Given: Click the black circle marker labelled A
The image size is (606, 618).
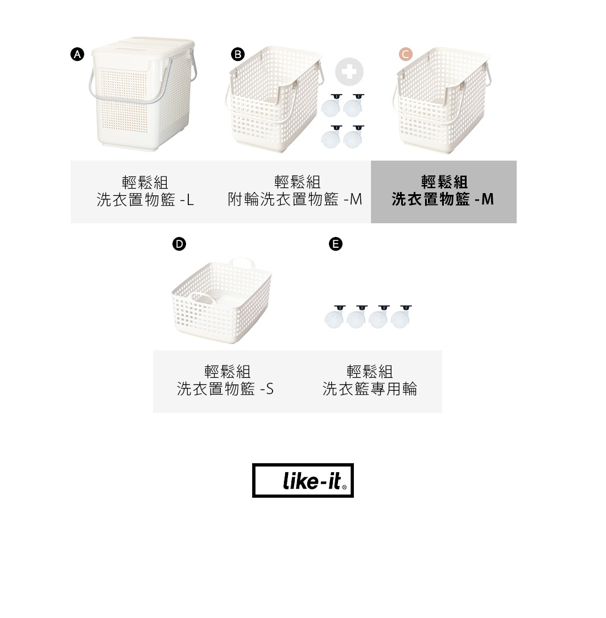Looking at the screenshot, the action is [x=77, y=54].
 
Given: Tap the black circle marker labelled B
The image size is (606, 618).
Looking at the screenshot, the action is [x=237, y=54].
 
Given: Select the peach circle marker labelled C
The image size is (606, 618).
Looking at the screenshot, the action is [x=406, y=54].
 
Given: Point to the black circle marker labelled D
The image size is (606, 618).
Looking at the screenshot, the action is [x=179, y=244].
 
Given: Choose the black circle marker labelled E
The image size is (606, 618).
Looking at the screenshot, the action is [x=336, y=244].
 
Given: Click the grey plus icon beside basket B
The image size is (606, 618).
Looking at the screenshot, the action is [x=349, y=72].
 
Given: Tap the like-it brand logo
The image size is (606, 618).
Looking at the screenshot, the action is [x=303, y=480].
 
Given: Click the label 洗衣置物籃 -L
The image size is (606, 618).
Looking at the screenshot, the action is [x=145, y=200].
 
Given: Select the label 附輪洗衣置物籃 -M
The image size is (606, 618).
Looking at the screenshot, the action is [x=295, y=199].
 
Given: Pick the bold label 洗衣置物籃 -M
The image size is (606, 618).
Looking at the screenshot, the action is [x=443, y=199].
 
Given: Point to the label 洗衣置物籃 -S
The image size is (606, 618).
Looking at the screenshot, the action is [x=225, y=389].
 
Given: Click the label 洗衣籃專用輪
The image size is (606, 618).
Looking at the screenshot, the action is [x=370, y=389].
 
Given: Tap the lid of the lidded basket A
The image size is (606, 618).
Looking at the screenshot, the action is [x=143, y=48].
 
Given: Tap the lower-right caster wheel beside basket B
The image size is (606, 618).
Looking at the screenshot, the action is [x=353, y=137].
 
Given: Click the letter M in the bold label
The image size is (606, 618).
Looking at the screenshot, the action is [x=488, y=199].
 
